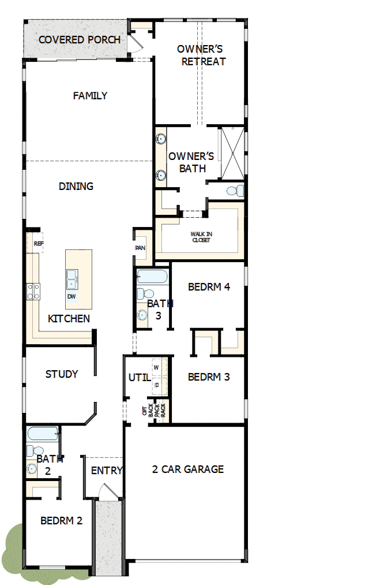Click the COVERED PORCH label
coord(80,40)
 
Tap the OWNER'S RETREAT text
coord(200,55)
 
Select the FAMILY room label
coord(90,96)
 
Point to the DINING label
coord(76,187)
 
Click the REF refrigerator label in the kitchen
coord(39,244)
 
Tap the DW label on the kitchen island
coord(72,296)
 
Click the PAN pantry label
coord(140,248)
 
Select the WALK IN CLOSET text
coord(201,237)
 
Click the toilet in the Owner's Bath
coord(233,190)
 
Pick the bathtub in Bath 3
coord(153,276)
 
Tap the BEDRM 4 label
coord(209,287)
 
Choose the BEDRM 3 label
coord(209,377)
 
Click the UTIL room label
coord(139,378)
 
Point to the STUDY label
coord(62,374)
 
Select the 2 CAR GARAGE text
coord(188,469)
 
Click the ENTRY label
coord(107,471)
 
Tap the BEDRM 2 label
coord(61,520)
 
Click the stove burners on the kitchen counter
coord(33,290)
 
